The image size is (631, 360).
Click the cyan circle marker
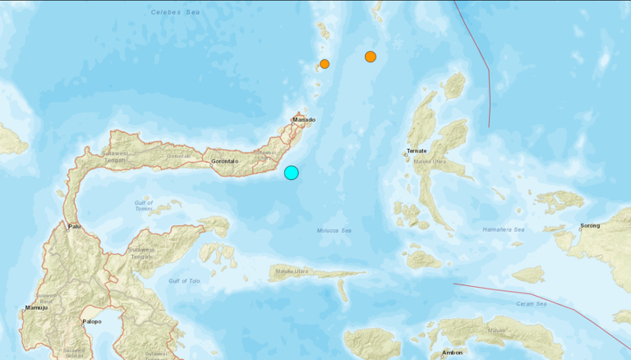(292, 172)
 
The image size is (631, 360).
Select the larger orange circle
(371, 57)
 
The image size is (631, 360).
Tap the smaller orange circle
(325, 63)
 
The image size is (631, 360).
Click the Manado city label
(304, 120)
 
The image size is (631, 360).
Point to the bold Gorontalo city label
(224, 161)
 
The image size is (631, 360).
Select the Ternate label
(417, 151)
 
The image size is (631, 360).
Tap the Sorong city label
(590, 224)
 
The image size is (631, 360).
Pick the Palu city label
(75, 226)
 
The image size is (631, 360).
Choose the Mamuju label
(35, 308)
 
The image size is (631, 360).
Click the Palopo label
(91, 321)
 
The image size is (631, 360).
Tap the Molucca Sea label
(334, 231)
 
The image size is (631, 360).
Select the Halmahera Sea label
(503, 229)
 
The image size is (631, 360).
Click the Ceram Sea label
(532, 304)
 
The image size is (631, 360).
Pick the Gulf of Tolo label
(185, 281)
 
